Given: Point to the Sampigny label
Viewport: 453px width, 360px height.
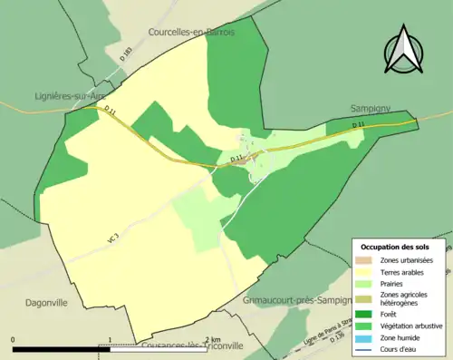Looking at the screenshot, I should (370, 107).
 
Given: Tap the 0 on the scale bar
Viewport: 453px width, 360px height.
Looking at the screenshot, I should (13, 341).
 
